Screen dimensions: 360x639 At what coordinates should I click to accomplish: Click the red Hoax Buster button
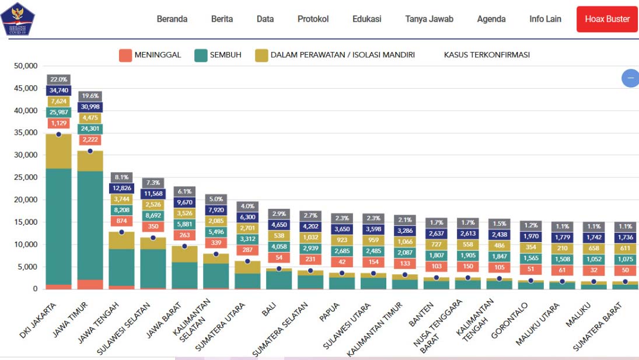(x=607, y=19)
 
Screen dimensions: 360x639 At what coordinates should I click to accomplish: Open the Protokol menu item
(x=313, y=19)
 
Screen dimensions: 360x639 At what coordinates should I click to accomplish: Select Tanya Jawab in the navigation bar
(x=429, y=19)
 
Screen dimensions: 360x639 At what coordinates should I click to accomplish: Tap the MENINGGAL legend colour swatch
(x=125, y=55)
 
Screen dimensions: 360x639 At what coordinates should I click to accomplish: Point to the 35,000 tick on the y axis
(x=26, y=133)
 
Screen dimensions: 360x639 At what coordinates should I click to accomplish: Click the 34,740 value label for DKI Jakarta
(x=58, y=90)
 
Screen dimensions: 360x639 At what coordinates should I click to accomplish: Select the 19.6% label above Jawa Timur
(x=90, y=96)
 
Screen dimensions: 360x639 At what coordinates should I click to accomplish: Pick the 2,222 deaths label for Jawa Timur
(x=90, y=140)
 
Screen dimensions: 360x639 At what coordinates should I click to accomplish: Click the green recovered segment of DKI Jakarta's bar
(x=58, y=228)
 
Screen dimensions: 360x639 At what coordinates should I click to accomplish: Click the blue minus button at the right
(x=630, y=78)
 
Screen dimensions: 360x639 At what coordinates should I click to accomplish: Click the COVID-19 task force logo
(x=18, y=19)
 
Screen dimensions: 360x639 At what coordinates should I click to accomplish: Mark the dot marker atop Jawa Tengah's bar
(x=121, y=232)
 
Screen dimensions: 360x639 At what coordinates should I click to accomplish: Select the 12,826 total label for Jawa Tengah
(x=121, y=188)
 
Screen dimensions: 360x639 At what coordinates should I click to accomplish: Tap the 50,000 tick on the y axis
(x=26, y=66)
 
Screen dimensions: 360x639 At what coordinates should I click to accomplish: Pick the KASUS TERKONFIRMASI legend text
(x=487, y=55)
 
